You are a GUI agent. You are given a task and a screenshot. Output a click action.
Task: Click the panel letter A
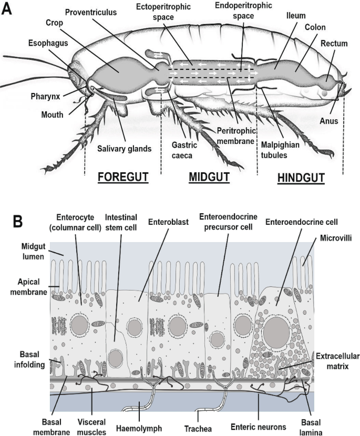point(8,9)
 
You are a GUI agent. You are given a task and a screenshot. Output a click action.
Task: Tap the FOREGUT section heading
point(123,177)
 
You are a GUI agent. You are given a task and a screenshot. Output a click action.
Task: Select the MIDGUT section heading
point(209,177)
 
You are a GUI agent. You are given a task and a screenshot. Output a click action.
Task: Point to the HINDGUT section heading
point(300,178)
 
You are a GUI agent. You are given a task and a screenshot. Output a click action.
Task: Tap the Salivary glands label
point(124,148)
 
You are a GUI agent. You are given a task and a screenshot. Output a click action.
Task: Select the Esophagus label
point(49,43)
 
